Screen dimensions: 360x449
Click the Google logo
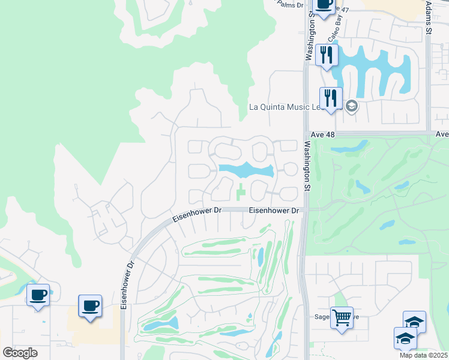point(20,352)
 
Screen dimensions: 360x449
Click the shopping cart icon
point(342,317)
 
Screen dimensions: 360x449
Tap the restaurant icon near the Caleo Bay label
point(327,55)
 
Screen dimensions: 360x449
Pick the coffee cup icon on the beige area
point(90,306)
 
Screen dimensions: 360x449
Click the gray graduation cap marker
point(351,107)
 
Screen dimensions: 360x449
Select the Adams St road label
point(428,17)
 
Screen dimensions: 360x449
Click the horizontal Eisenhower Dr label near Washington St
point(274,211)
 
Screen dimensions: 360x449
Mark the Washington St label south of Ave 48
point(307,166)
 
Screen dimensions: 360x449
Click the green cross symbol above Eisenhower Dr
point(241,193)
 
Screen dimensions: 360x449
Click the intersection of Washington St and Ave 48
point(306,134)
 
